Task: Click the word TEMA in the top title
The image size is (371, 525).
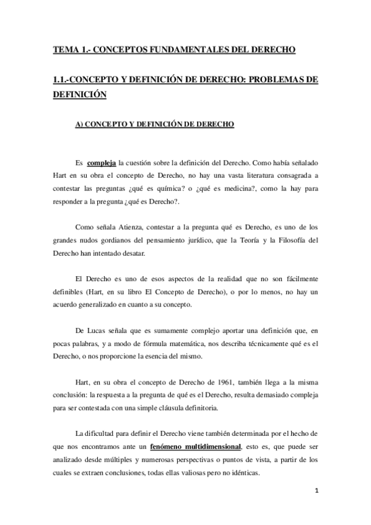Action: [x=64, y=49]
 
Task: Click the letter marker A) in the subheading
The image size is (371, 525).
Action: [x=79, y=124]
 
